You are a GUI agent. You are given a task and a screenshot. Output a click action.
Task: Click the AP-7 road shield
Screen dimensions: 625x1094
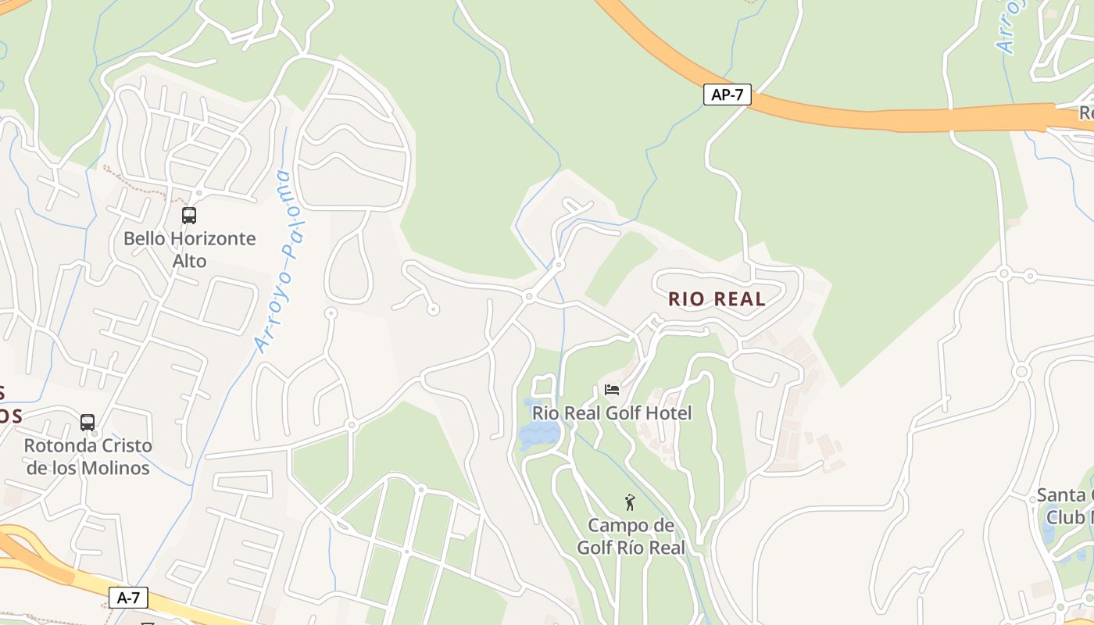[x=728, y=95]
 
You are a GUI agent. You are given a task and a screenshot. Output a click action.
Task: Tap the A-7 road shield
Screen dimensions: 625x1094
[x=128, y=598]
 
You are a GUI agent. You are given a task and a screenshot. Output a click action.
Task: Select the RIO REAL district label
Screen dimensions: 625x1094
[x=717, y=299]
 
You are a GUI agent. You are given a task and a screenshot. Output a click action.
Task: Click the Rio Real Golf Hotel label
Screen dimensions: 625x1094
[x=612, y=412]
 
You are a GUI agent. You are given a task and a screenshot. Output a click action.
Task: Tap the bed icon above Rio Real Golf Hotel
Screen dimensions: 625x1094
[x=612, y=389]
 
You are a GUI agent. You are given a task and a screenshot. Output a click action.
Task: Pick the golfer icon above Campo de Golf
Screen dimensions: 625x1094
[x=630, y=502]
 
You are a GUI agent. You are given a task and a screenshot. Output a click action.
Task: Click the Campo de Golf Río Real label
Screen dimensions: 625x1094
[x=631, y=536]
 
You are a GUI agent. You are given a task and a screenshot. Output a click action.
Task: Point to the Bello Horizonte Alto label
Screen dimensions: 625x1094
[x=189, y=249]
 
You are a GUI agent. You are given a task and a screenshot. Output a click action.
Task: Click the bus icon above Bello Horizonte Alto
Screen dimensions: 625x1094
[x=189, y=216]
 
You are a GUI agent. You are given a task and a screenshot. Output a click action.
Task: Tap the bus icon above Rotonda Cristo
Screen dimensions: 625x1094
[x=88, y=423]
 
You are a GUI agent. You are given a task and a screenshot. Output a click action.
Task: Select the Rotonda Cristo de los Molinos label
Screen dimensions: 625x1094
[x=88, y=457]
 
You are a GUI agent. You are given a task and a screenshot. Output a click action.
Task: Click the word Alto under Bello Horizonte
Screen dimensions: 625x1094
[x=189, y=261]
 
